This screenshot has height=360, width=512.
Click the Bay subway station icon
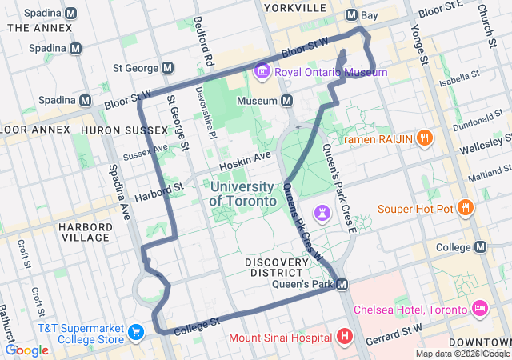[351, 15]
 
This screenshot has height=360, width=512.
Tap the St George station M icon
[168, 68]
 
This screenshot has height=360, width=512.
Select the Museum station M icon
[286, 101]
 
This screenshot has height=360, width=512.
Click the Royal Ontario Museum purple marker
[262, 72]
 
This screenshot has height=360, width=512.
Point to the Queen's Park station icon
[342, 284]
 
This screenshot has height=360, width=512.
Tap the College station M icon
[480, 247]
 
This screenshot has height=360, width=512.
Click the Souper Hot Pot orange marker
[466, 208]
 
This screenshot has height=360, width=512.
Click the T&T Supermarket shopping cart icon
[135, 331]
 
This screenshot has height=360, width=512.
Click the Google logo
[27, 350]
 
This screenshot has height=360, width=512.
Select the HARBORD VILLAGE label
[84, 232]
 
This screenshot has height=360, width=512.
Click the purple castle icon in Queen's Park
[322, 211]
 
